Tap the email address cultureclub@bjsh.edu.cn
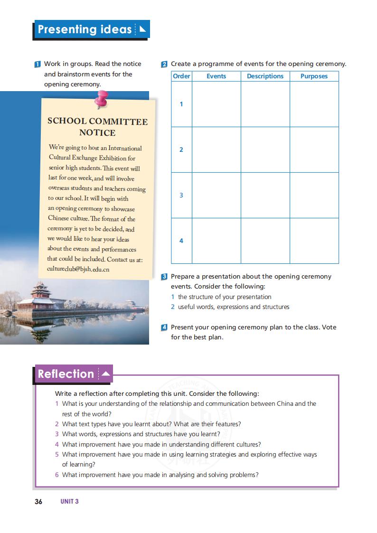coord(78,269)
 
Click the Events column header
coord(216,76)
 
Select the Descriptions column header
coord(265,76)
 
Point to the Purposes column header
coord(314,76)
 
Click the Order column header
coord(181,76)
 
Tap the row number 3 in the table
coord(181,195)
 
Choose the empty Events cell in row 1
coord(216,104)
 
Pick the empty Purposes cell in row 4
coord(314,241)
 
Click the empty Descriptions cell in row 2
coord(265,150)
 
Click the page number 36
coord(38,501)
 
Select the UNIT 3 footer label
coord(69,501)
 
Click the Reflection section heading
coord(66,374)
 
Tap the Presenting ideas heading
coord(85,29)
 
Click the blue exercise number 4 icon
coord(164,327)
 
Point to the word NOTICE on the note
coord(97,132)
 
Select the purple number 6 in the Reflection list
coord(57,475)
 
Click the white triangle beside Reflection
coord(105,374)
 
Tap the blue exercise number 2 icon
coord(164,64)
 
